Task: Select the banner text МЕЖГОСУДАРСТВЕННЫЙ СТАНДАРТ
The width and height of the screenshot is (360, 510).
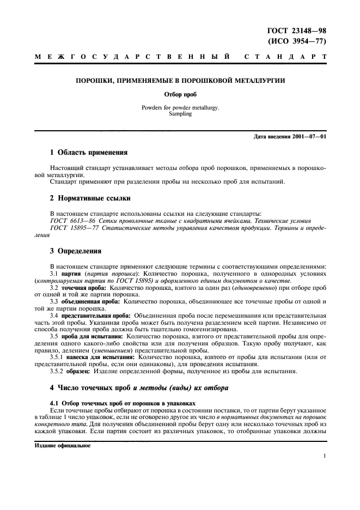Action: click(x=180, y=57)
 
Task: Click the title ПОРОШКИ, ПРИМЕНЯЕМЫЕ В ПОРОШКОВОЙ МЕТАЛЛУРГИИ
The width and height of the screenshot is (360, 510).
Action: click(x=180, y=81)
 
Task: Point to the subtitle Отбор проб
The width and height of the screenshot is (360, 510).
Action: click(x=180, y=94)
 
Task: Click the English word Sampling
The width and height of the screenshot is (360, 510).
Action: click(x=180, y=114)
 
